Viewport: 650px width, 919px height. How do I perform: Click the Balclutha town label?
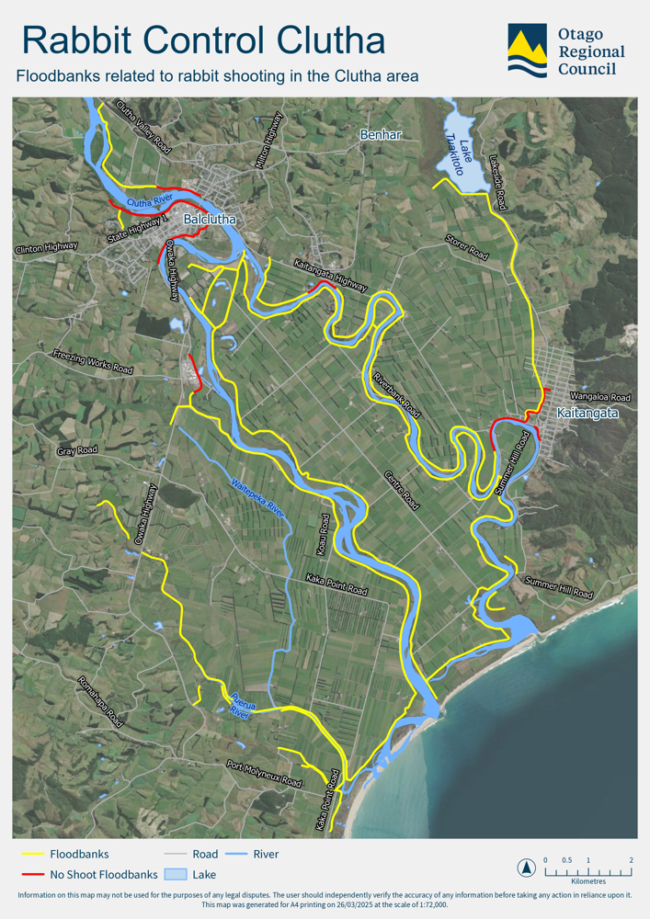210,220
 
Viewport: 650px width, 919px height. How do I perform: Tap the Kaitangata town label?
587,414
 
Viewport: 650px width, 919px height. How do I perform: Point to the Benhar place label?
381,135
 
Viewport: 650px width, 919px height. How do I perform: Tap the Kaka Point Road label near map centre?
336,584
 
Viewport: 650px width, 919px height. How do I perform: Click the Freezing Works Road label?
93,361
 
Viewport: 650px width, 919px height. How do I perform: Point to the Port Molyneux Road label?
264,773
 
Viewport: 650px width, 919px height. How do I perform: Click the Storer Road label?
466,247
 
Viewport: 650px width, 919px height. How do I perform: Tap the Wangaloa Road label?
600,396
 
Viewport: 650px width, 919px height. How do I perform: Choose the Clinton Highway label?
47,248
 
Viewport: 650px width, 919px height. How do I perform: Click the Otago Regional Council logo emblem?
527,51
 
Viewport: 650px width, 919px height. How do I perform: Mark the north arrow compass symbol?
525,867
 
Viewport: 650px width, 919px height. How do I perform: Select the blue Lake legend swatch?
176,874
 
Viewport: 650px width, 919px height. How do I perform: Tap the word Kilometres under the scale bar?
588,881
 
